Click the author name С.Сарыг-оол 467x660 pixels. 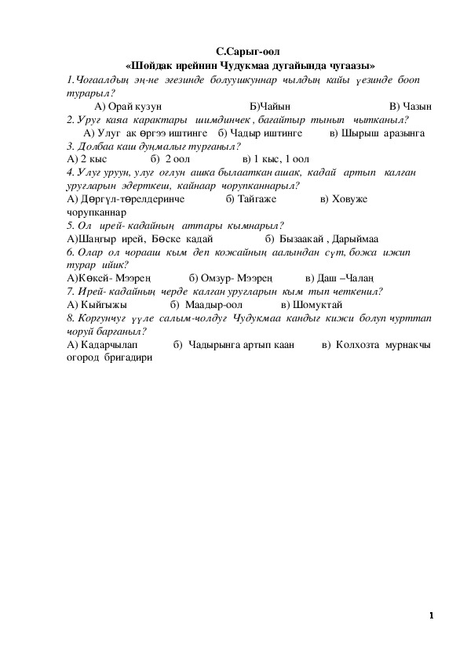249,53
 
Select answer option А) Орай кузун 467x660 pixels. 128,107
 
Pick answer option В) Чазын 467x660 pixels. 410,107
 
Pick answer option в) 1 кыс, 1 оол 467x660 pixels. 276,159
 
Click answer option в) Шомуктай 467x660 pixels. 312,304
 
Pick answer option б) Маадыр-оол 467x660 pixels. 206,304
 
